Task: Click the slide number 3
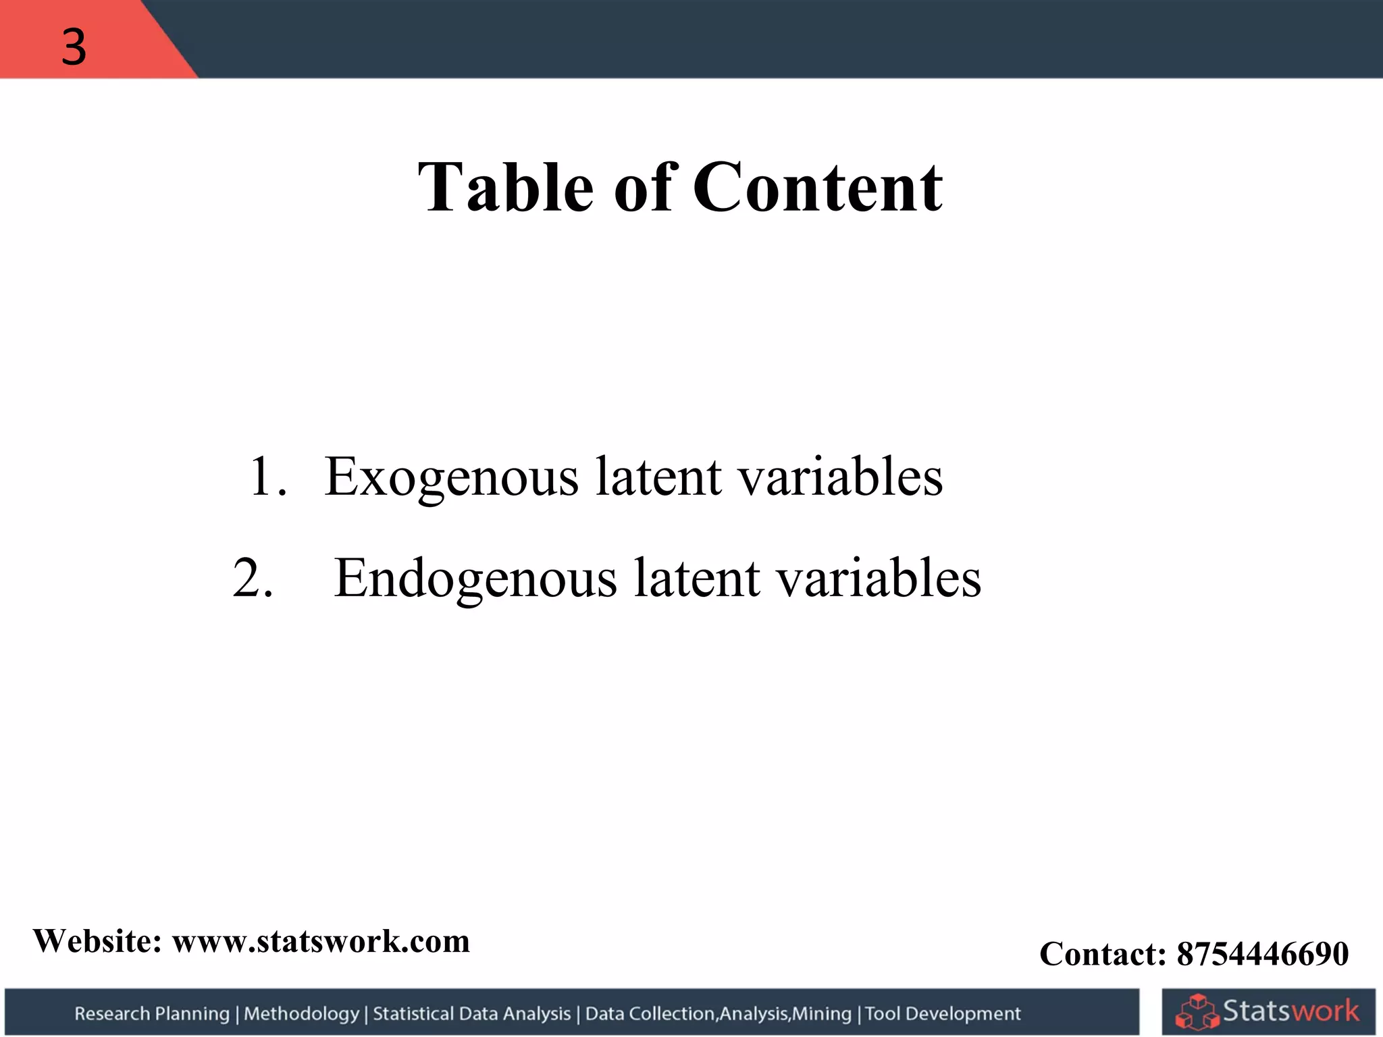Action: pos(74,47)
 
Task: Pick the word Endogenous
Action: pos(475,579)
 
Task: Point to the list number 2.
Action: pos(253,579)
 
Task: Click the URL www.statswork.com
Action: pos(321,941)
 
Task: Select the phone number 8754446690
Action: pos(1263,954)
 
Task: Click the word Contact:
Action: pos(1103,954)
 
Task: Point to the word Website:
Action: pos(98,941)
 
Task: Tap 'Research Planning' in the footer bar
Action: pos(152,1013)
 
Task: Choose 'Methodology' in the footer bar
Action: pos(301,1013)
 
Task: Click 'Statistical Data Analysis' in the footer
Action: pos(471,1013)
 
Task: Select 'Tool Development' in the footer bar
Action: pos(943,1013)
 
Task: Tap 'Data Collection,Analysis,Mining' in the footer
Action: pos(718,1013)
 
